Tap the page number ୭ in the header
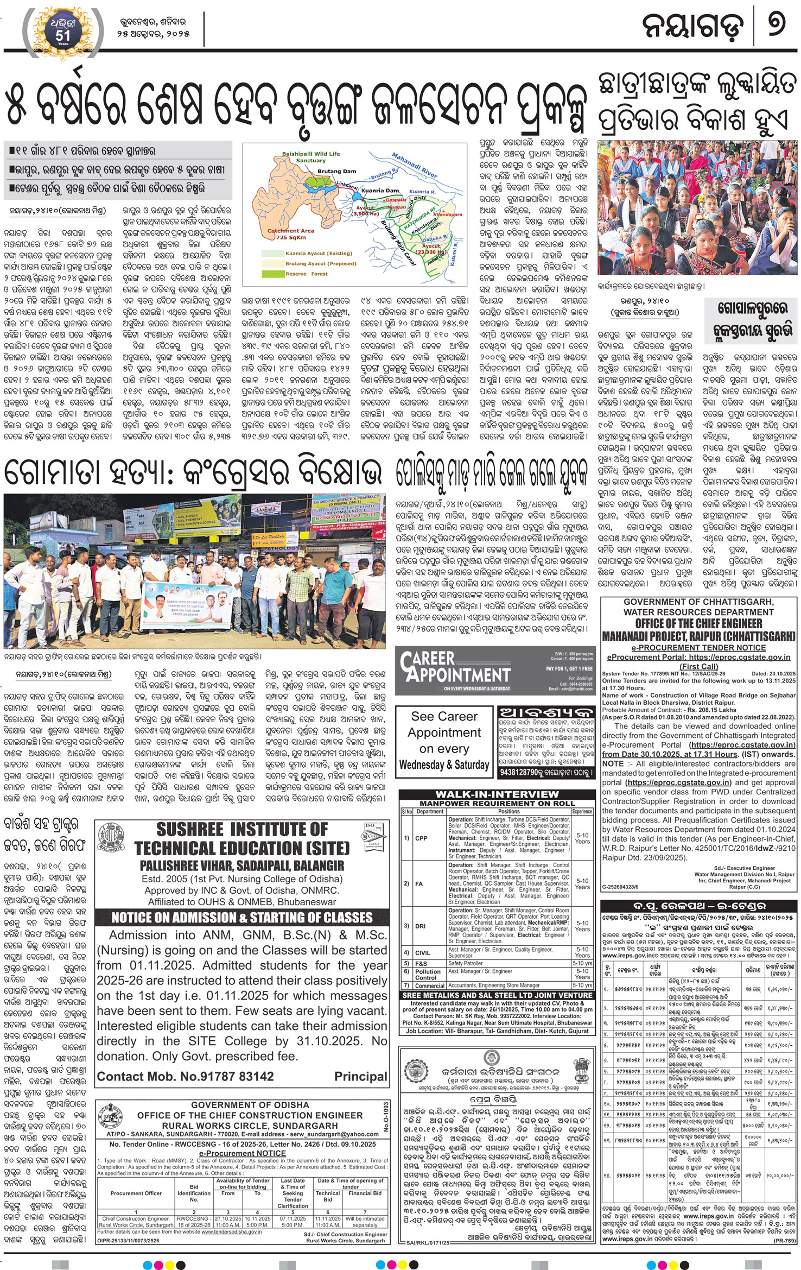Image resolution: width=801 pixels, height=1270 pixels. point(777,25)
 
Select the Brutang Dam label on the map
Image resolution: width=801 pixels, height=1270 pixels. point(336,172)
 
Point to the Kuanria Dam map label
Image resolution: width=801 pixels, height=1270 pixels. point(380,191)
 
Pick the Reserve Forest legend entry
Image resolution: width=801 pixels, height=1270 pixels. point(307,274)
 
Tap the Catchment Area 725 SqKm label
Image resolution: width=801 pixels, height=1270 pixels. point(291,234)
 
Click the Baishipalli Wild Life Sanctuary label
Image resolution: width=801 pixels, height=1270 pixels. point(310,157)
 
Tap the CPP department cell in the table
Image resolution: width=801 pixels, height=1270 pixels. point(421,838)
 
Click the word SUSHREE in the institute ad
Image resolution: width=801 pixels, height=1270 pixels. point(189,830)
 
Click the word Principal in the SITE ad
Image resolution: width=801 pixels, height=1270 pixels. point(360,1077)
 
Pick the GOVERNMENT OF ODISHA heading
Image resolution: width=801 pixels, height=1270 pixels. point(250,1105)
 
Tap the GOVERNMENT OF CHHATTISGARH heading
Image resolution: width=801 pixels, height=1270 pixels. point(698,602)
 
